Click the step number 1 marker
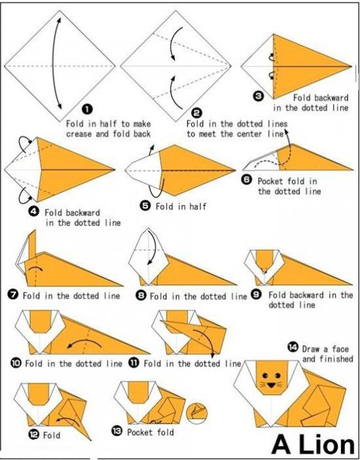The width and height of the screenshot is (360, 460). [x=87, y=110]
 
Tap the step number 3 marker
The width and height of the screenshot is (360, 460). [x=259, y=96]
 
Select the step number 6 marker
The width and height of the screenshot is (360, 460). [x=246, y=180]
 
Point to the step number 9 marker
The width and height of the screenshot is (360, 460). [x=257, y=295]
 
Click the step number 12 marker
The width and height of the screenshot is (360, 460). [x=34, y=434]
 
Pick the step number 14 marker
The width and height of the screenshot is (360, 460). [x=292, y=348]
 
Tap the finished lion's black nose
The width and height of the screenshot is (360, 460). [x=271, y=385]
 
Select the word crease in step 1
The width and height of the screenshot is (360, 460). [x=79, y=134]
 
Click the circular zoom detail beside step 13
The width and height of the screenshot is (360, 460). [x=196, y=413]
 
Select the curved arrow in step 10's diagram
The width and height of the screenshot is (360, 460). [x=85, y=343]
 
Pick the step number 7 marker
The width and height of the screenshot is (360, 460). [x=14, y=295]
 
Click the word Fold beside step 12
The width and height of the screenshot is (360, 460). [x=51, y=435]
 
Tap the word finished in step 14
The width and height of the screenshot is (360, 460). [x=327, y=359]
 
